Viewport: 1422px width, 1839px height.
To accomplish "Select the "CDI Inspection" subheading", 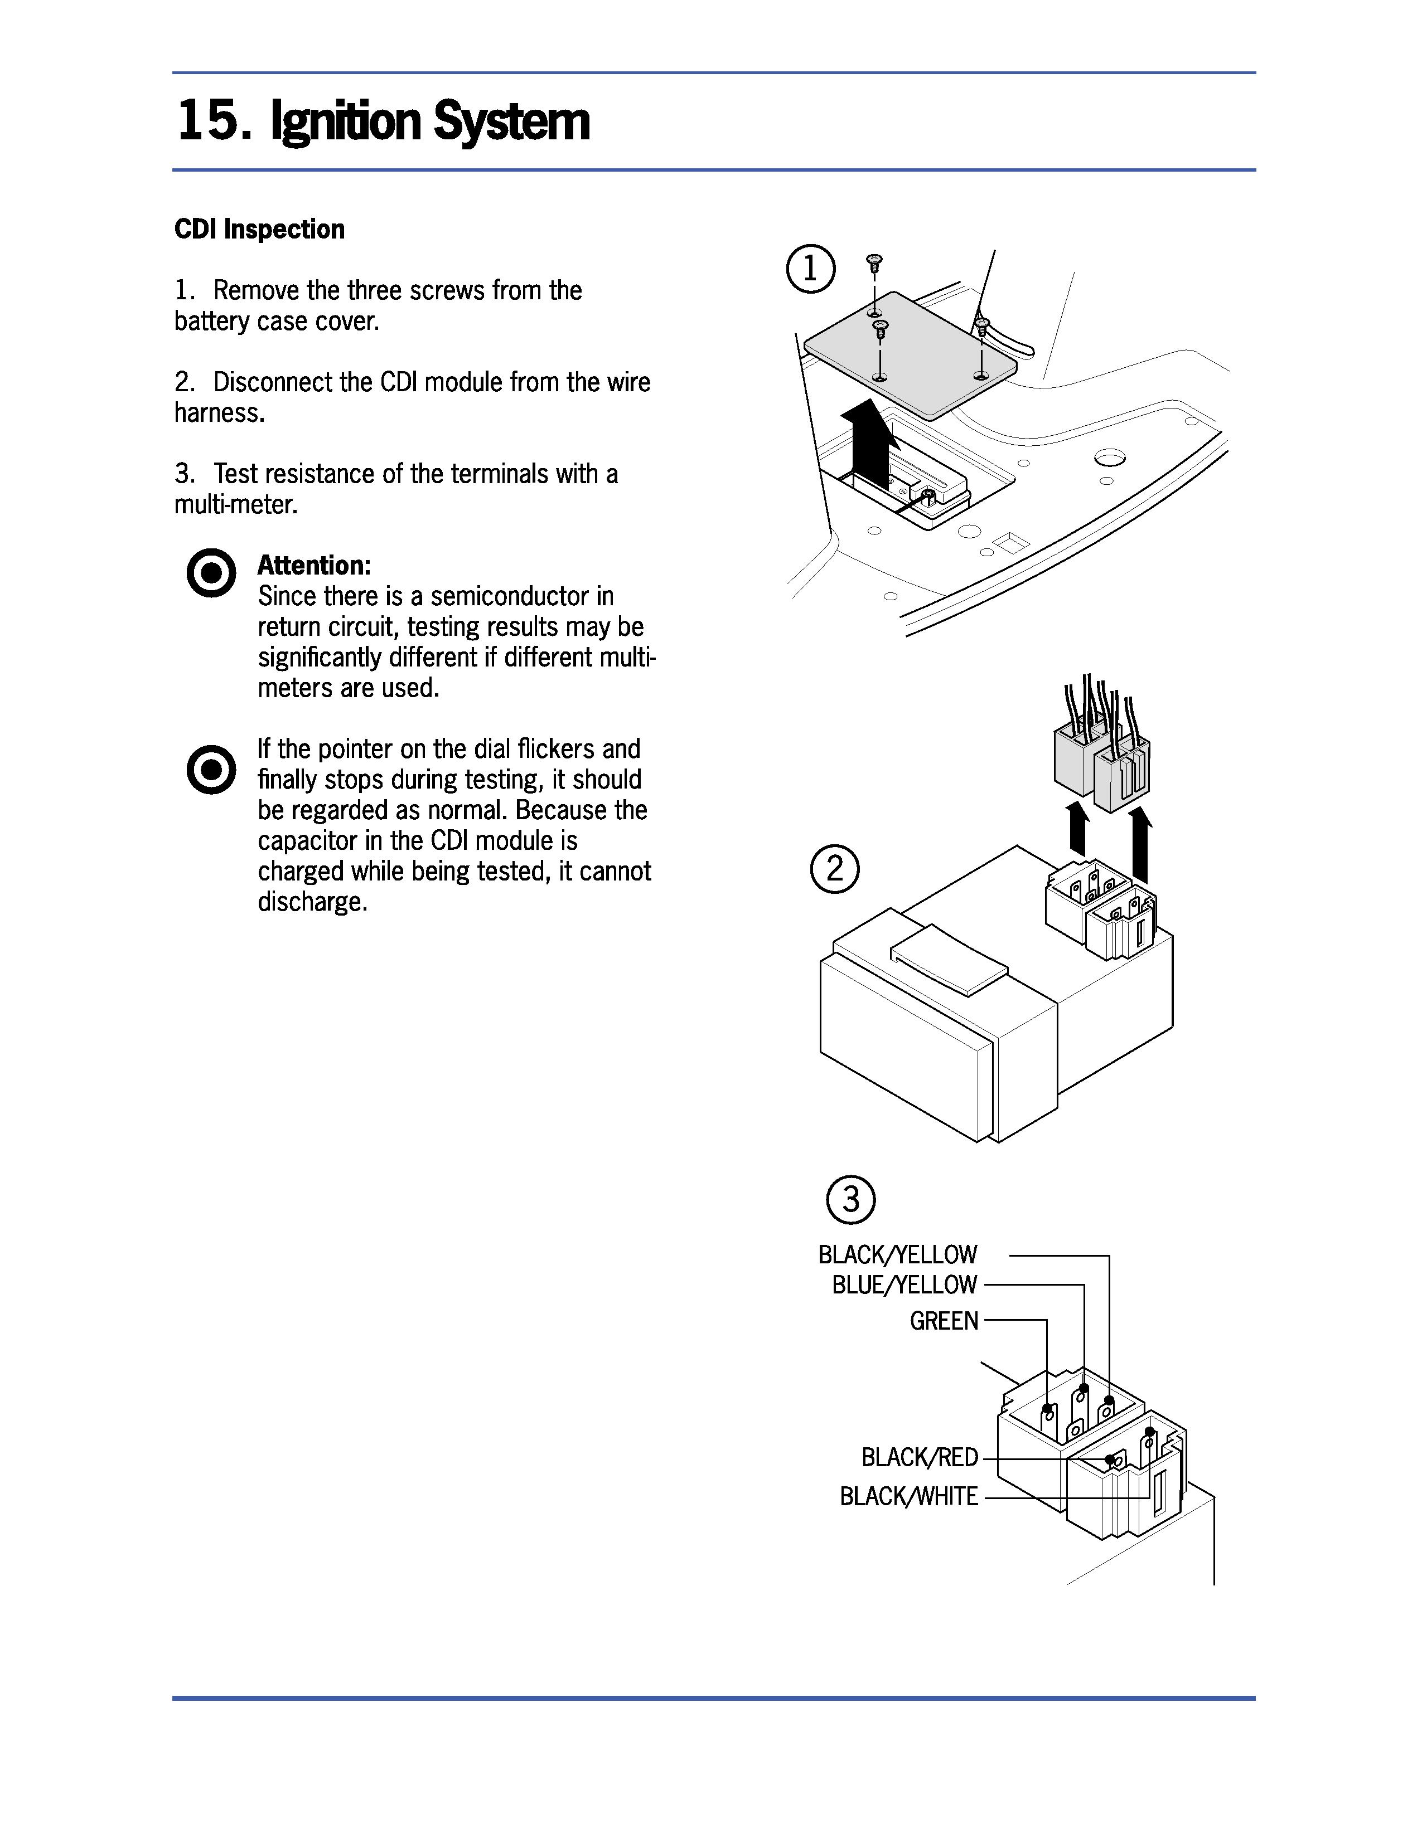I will [x=259, y=229].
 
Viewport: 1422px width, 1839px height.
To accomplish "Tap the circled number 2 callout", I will [x=834, y=869].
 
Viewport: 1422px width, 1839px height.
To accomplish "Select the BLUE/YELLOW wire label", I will [x=904, y=1285].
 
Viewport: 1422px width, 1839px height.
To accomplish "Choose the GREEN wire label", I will [x=944, y=1320].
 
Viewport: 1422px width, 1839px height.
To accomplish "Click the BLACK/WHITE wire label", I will [x=909, y=1496].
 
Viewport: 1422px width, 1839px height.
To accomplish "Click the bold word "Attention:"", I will [x=313, y=565].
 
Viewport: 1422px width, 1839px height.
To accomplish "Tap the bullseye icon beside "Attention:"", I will [x=211, y=573].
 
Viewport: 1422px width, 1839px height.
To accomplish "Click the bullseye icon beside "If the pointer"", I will [x=211, y=769].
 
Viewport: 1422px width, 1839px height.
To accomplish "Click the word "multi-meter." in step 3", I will [x=236, y=504].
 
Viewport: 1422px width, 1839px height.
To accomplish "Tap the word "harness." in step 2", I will [x=219, y=412].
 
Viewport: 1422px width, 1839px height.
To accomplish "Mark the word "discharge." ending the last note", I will [x=312, y=902].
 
